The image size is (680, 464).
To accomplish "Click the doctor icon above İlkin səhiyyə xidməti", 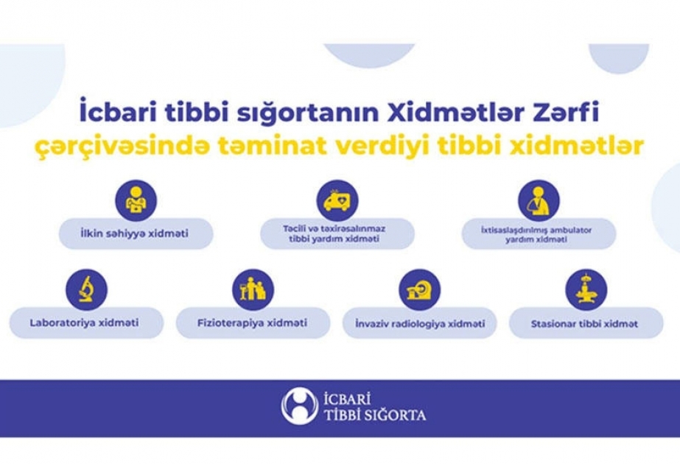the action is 136,201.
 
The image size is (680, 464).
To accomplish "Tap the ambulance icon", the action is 337,201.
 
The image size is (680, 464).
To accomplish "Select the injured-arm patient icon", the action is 539,201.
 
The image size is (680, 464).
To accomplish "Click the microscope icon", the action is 87,289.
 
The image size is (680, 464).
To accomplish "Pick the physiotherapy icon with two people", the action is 253,289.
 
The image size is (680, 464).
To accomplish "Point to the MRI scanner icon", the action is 420,289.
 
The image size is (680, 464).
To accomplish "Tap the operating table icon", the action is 586,289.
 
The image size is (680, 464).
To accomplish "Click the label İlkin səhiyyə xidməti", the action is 134,233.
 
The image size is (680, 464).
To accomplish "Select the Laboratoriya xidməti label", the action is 85,323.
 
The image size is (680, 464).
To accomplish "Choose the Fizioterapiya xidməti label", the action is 253,323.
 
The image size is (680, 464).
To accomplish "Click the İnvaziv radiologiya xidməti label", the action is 420,324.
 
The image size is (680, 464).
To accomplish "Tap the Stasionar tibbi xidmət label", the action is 584,324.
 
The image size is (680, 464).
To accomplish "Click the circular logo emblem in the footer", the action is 299,406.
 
